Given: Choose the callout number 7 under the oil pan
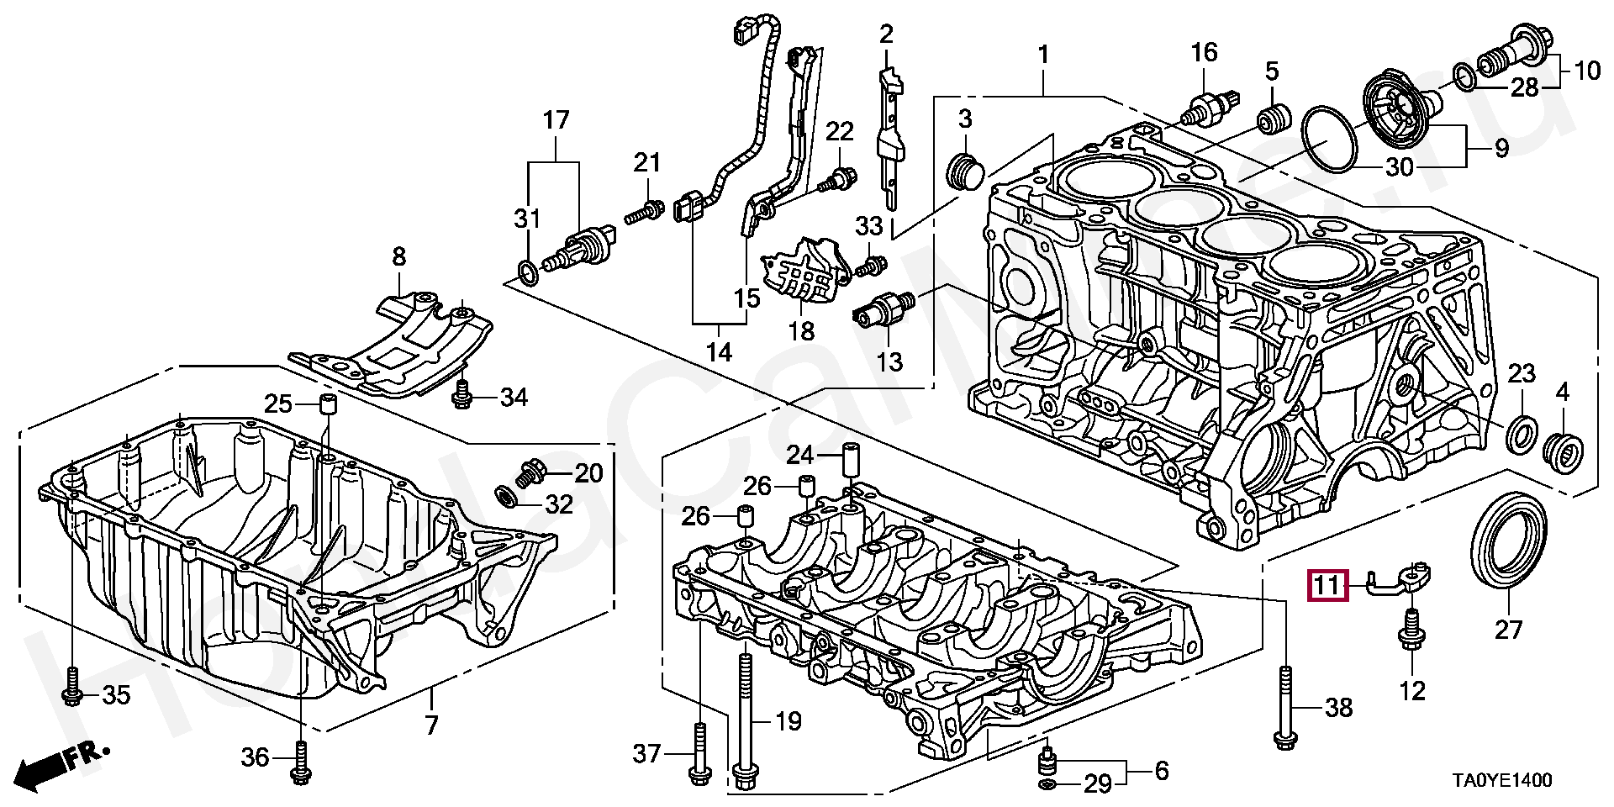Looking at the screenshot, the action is click(431, 725).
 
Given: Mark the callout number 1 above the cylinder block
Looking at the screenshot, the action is click(1043, 55).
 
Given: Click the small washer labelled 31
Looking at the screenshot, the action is click(527, 272).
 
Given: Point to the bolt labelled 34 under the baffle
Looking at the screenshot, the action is click(461, 394).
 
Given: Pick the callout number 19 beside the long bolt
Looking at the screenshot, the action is click(788, 720).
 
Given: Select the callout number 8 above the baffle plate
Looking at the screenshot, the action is click(398, 256).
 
